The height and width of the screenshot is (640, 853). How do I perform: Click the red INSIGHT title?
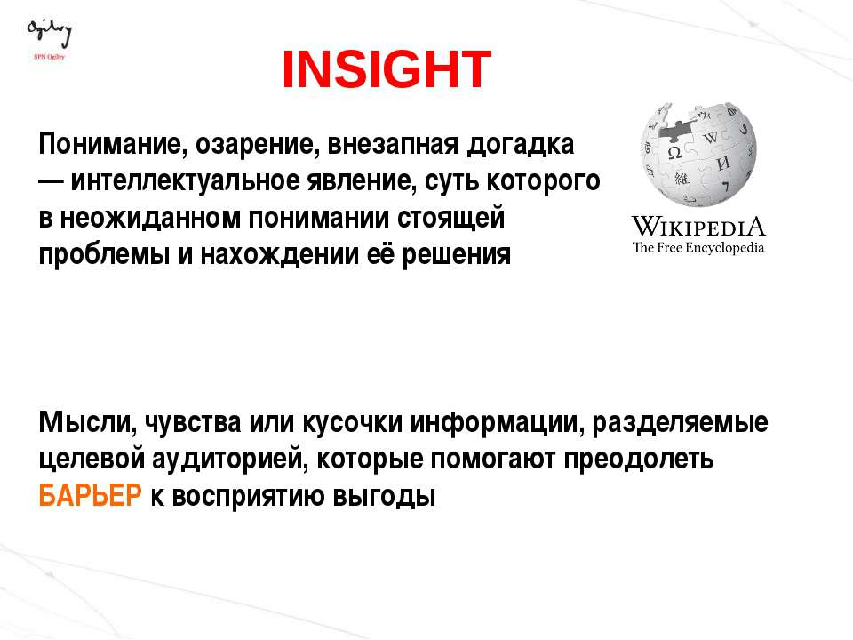click(x=387, y=69)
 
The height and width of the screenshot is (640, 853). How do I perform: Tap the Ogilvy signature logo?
click(x=49, y=34)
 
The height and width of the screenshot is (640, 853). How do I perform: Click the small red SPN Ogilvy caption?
click(x=49, y=57)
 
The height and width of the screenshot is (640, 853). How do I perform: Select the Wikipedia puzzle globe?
click(x=698, y=155)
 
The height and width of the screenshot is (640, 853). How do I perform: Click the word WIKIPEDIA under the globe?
click(x=698, y=227)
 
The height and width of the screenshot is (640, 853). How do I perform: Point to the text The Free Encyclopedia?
click(x=698, y=248)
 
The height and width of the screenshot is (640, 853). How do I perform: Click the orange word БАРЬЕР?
click(x=90, y=496)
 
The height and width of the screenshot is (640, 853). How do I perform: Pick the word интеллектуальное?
click(x=186, y=181)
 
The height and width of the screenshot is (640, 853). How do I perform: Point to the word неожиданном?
click(x=150, y=219)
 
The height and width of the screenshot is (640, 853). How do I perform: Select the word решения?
click(x=457, y=255)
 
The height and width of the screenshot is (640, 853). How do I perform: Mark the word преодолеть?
click(x=639, y=460)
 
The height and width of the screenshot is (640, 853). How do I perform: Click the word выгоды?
click(x=384, y=496)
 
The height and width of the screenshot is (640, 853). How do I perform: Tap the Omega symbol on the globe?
click(x=674, y=153)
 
